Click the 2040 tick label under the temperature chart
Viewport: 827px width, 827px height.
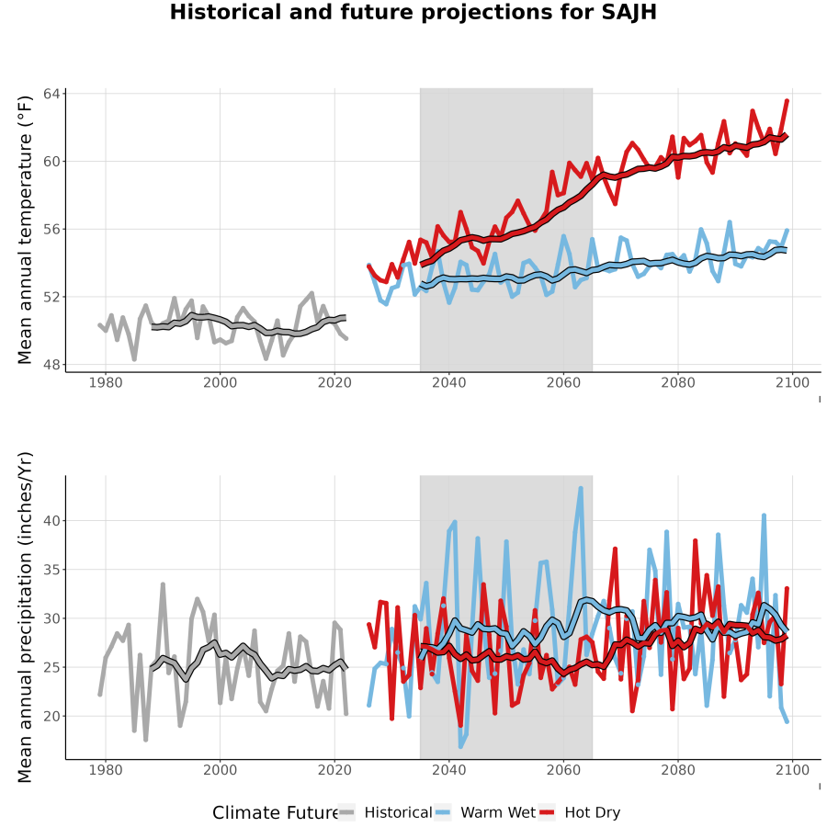448,382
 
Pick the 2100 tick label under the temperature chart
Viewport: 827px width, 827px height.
792,382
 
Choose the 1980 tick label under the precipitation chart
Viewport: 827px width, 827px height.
106,770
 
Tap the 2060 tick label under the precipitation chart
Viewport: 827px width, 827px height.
563,770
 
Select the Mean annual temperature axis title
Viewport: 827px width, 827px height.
25,230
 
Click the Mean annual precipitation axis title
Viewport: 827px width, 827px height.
25,617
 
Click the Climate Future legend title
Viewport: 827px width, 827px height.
275,813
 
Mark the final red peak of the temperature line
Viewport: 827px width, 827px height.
787,100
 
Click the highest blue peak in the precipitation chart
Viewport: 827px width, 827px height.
581,488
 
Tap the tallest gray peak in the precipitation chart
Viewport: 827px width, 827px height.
163,583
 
